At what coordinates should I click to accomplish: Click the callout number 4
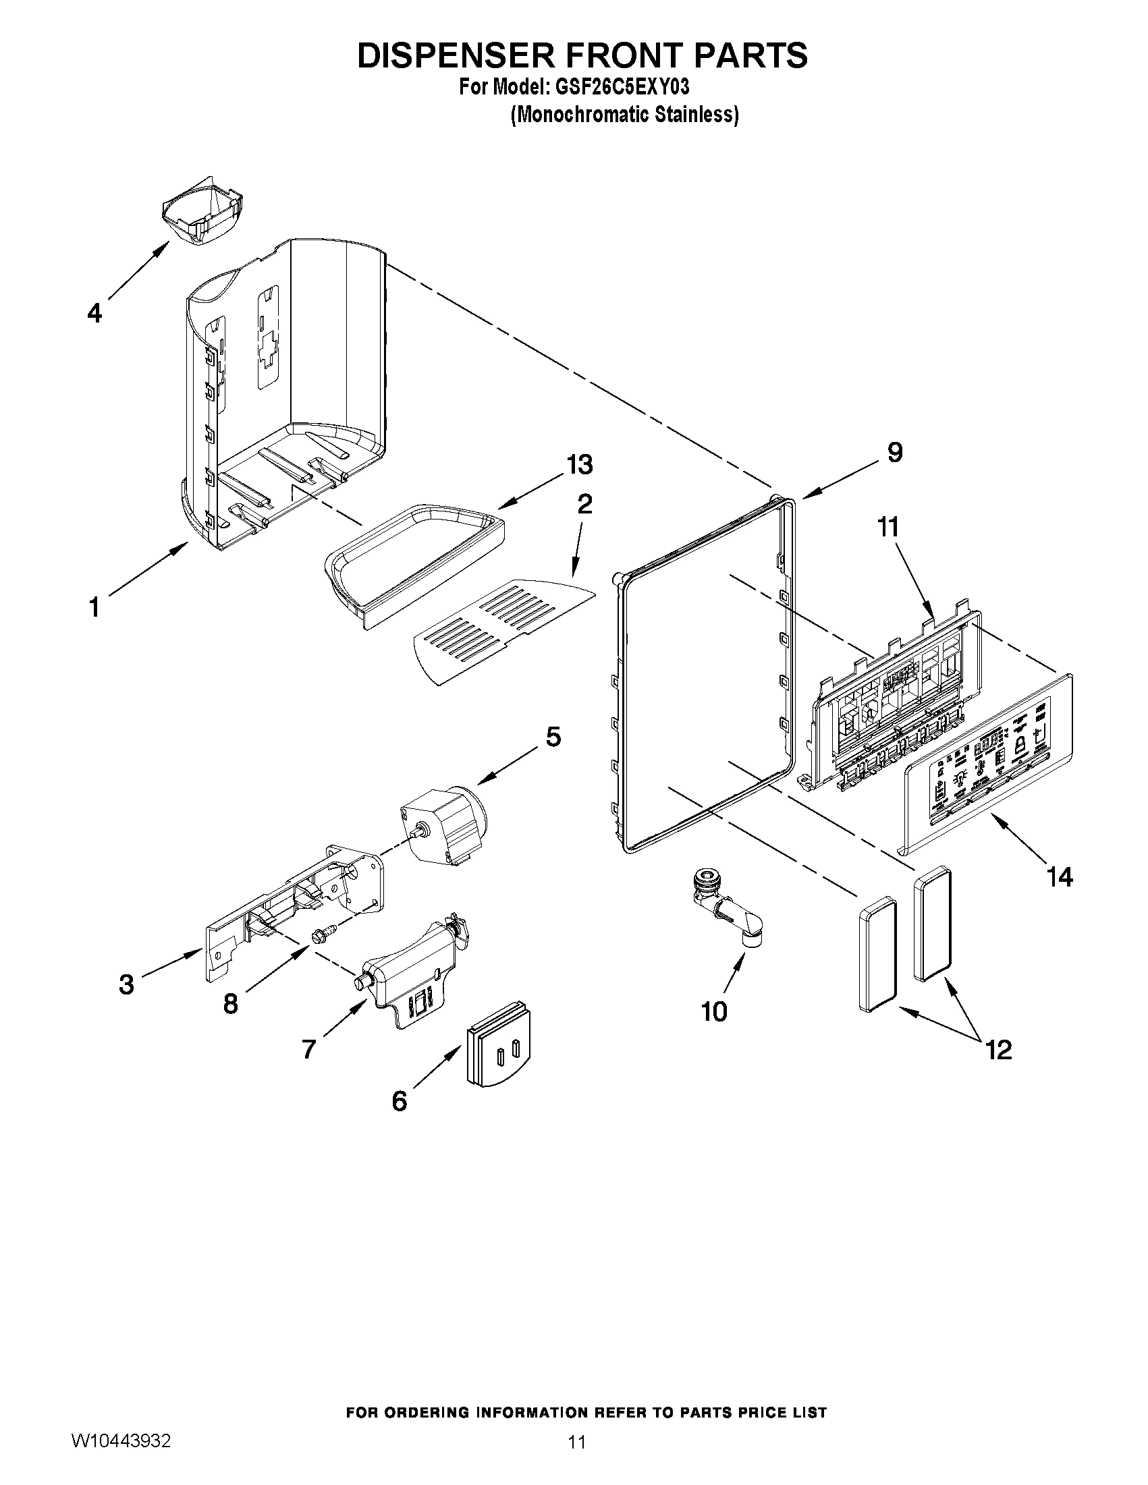click(94, 314)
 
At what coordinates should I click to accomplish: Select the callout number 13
click(580, 465)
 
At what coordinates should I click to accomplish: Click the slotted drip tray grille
click(502, 629)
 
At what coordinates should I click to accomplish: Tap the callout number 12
click(998, 1050)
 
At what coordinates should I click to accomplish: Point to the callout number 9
click(895, 452)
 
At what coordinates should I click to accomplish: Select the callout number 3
click(126, 984)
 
